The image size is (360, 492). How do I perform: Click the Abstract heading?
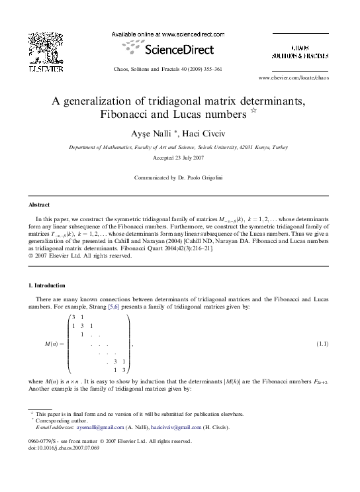[x=38, y=205]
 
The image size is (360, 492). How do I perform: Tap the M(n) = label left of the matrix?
[x=54, y=345]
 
